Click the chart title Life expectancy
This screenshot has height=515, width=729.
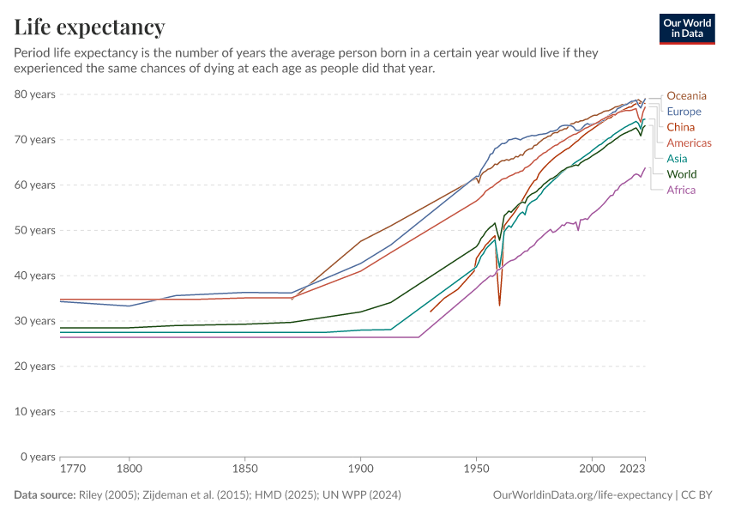[89, 27]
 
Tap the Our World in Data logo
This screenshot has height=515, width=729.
[687, 28]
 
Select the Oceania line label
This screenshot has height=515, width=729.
[686, 95]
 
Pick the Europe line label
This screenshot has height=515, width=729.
[684, 112]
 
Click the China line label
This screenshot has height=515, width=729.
[681, 127]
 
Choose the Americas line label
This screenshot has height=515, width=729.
[689, 142]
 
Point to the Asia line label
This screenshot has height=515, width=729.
[678, 159]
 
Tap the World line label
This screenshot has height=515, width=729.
[681, 174]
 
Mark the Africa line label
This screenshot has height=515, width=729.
[681, 190]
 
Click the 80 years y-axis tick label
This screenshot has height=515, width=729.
[34, 94]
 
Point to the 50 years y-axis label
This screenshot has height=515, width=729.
[34, 230]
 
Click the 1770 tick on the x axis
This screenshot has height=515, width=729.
[73, 470]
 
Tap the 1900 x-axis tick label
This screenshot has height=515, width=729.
[360, 470]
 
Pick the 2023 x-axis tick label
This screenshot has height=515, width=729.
[631, 470]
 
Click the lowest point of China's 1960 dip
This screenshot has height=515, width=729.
[499, 305]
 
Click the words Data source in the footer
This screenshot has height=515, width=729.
[45, 495]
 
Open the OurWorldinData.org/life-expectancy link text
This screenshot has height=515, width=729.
[582, 495]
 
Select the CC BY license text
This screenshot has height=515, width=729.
[699, 495]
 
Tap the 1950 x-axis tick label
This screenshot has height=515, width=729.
[476, 470]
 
